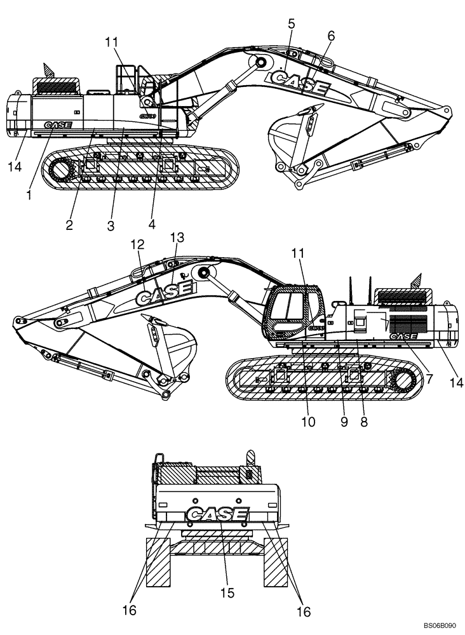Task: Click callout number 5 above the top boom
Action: tap(292, 25)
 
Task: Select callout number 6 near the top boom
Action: tap(331, 36)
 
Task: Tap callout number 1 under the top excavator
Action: tap(29, 196)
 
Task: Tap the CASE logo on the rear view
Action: tap(217, 514)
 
